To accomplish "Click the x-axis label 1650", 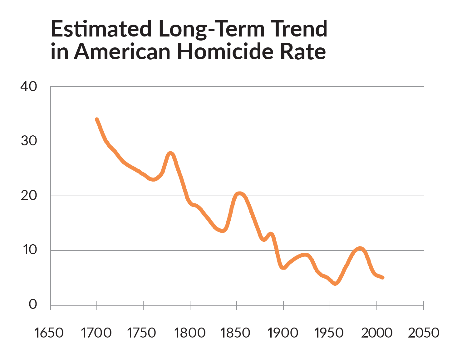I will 49,333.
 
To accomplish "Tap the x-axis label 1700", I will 96,333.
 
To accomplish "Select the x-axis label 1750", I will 141,333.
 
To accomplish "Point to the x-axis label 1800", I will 189,333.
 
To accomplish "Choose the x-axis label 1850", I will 235,333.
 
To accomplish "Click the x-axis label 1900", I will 283,333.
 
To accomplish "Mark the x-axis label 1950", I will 329,333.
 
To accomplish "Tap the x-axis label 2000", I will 377,333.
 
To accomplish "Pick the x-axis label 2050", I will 424,333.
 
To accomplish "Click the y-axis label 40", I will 29,86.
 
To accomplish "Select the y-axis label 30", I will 29,141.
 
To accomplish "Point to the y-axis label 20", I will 29,196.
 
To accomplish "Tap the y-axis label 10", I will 30,250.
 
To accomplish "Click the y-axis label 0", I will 33,304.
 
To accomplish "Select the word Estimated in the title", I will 101,29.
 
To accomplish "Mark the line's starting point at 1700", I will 97,119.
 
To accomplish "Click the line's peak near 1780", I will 170,153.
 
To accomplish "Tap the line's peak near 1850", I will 239,194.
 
